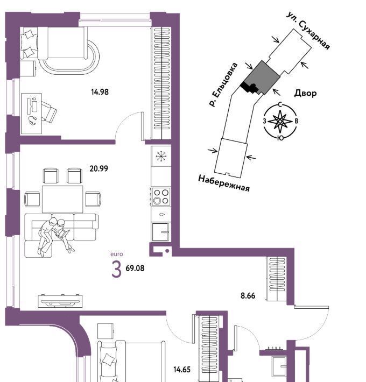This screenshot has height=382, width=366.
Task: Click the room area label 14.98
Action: (100, 92)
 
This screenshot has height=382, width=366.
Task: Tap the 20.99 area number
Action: (98, 168)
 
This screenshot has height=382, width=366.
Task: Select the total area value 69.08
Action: (135, 268)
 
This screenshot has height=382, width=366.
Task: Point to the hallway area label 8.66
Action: (248, 296)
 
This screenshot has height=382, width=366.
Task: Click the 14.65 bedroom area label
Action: (182, 370)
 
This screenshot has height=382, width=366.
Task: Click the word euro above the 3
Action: (117, 254)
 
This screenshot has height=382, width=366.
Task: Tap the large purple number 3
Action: (116, 269)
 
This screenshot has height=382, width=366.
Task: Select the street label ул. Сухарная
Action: (308, 31)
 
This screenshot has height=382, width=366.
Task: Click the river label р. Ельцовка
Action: (223, 84)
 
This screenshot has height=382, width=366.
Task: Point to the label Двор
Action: (306, 93)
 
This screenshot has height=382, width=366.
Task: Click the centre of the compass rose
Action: (280, 121)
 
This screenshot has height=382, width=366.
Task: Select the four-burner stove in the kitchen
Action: (161, 196)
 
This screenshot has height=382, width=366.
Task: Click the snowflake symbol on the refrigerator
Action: (161, 156)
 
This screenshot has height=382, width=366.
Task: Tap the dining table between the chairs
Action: (62, 199)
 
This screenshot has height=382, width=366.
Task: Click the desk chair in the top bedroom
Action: (48, 111)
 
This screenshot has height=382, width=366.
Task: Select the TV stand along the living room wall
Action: (60, 301)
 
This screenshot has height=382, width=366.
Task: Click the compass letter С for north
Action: (280, 105)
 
